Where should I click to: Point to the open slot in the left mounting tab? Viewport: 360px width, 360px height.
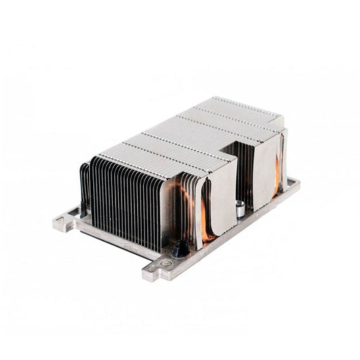pyautogui.click(x=63, y=220)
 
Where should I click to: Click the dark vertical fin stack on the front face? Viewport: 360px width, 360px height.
pyautogui.click(x=125, y=199)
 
